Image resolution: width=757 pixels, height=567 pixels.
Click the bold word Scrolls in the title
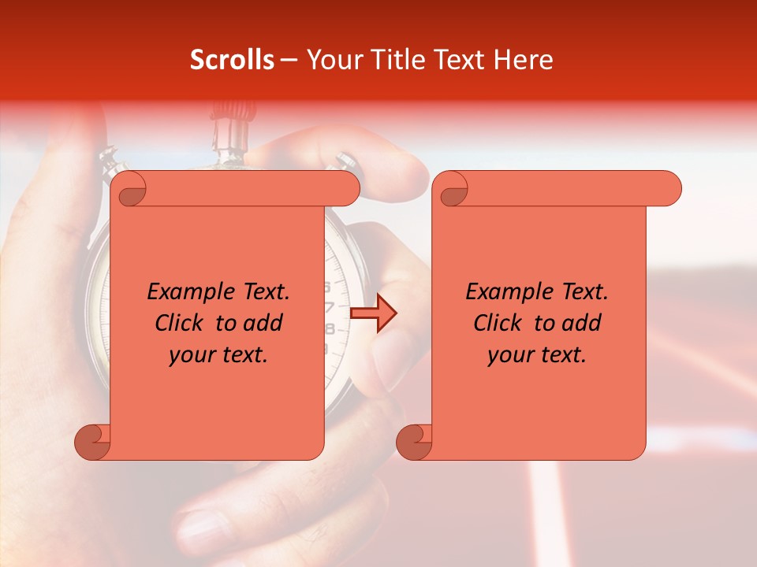[232, 60]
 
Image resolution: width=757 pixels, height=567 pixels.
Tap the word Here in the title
[523, 60]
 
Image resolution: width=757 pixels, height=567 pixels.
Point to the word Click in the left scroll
[181, 323]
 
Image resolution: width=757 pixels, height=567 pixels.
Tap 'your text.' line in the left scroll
[218, 355]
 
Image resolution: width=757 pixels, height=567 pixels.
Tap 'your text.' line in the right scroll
[537, 355]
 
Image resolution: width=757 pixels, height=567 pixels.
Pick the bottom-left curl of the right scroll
[414, 441]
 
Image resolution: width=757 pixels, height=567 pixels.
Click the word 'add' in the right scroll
[583, 323]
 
